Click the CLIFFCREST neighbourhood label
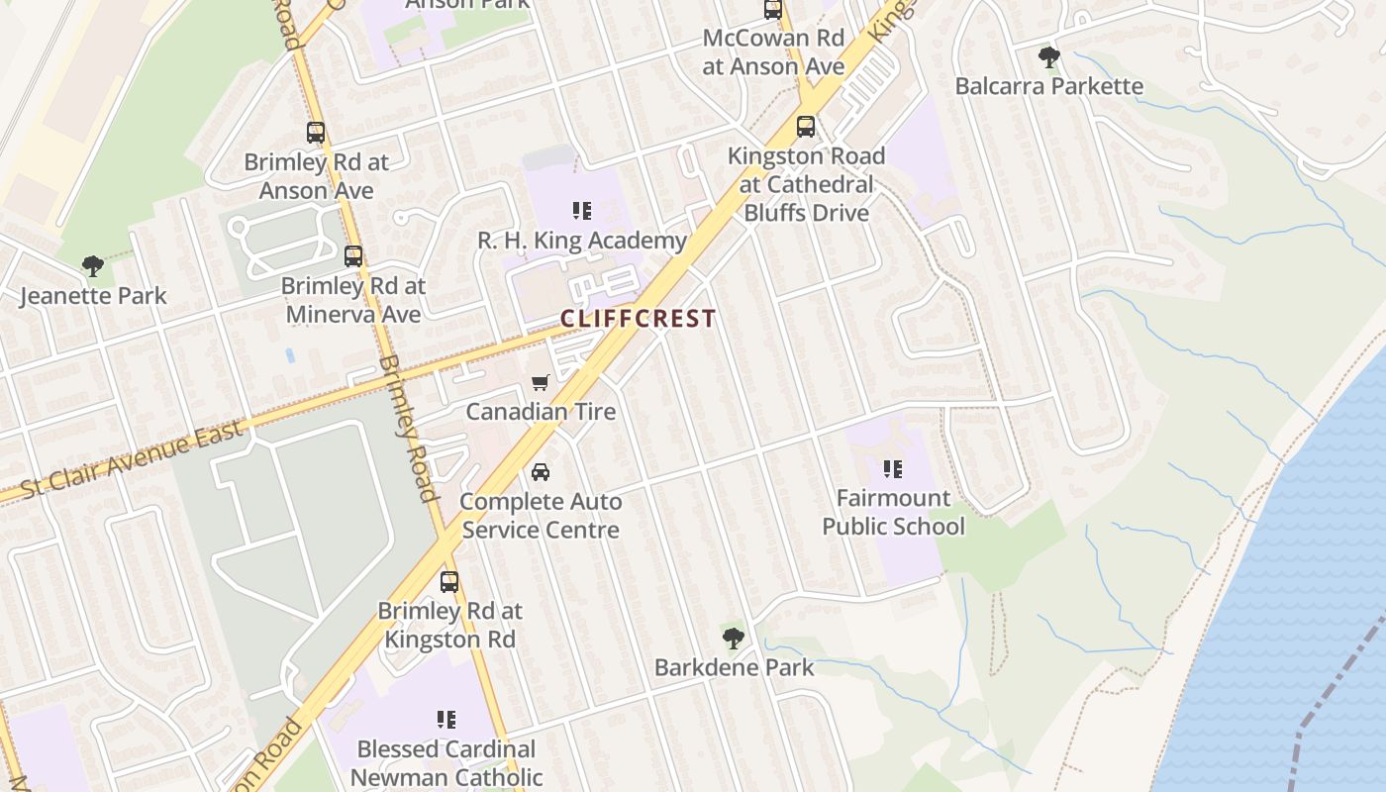point(638,319)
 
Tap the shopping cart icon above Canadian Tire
point(541,382)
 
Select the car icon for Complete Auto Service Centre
point(541,472)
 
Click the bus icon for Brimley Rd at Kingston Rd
point(449,581)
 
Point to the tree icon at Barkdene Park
point(734,639)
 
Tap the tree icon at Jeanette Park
point(93,265)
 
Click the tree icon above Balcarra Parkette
point(1049,57)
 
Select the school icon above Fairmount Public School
point(893,468)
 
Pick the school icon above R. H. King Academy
point(582,211)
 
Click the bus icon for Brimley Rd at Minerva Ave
point(353,256)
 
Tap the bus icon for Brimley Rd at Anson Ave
point(316,132)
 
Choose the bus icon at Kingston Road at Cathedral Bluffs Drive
point(806,127)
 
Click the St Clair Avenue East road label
point(132,459)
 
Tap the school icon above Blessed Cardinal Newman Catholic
point(446,720)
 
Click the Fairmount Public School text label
point(893,512)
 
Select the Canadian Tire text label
point(541,411)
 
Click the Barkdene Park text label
point(734,667)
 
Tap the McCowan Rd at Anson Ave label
point(773,52)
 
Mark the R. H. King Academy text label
point(582,241)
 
